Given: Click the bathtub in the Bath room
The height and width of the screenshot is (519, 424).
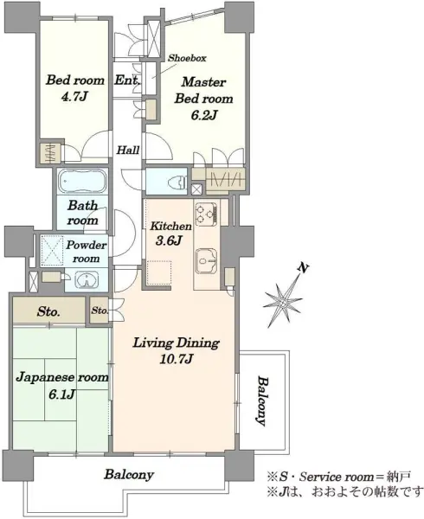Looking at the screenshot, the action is click(x=82, y=182).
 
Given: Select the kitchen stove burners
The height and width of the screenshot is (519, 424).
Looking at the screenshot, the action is click(x=207, y=214).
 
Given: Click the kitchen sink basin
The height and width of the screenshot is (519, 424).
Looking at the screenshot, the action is click(x=207, y=260).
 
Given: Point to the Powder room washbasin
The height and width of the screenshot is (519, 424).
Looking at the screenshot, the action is click(x=87, y=280).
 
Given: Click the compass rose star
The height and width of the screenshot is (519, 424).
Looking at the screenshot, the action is click(x=283, y=302).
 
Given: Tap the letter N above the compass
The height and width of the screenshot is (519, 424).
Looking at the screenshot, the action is click(x=302, y=267).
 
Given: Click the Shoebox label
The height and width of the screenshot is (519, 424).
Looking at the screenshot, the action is click(x=187, y=58).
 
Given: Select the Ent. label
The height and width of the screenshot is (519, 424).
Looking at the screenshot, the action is click(x=127, y=80).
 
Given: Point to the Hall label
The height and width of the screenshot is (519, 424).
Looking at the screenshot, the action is click(x=128, y=151).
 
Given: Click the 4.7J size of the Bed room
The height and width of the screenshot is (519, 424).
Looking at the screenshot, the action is click(x=74, y=97).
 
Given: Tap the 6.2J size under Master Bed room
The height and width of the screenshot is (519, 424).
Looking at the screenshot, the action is click(x=203, y=115).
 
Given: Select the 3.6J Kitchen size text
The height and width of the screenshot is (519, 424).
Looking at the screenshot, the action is click(x=169, y=240).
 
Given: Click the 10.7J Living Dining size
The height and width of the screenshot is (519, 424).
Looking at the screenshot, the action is click(x=176, y=359).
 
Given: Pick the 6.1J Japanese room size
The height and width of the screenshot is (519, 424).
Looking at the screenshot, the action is click(x=61, y=394).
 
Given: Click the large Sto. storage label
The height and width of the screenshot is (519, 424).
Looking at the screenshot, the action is click(x=48, y=311).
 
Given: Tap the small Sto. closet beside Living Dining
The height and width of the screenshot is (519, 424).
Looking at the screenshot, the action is click(x=100, y=311).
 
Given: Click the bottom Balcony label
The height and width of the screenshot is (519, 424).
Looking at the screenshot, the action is click(x=129, y=475).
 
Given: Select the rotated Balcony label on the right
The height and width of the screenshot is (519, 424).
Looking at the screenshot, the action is click(x=262, y=400).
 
